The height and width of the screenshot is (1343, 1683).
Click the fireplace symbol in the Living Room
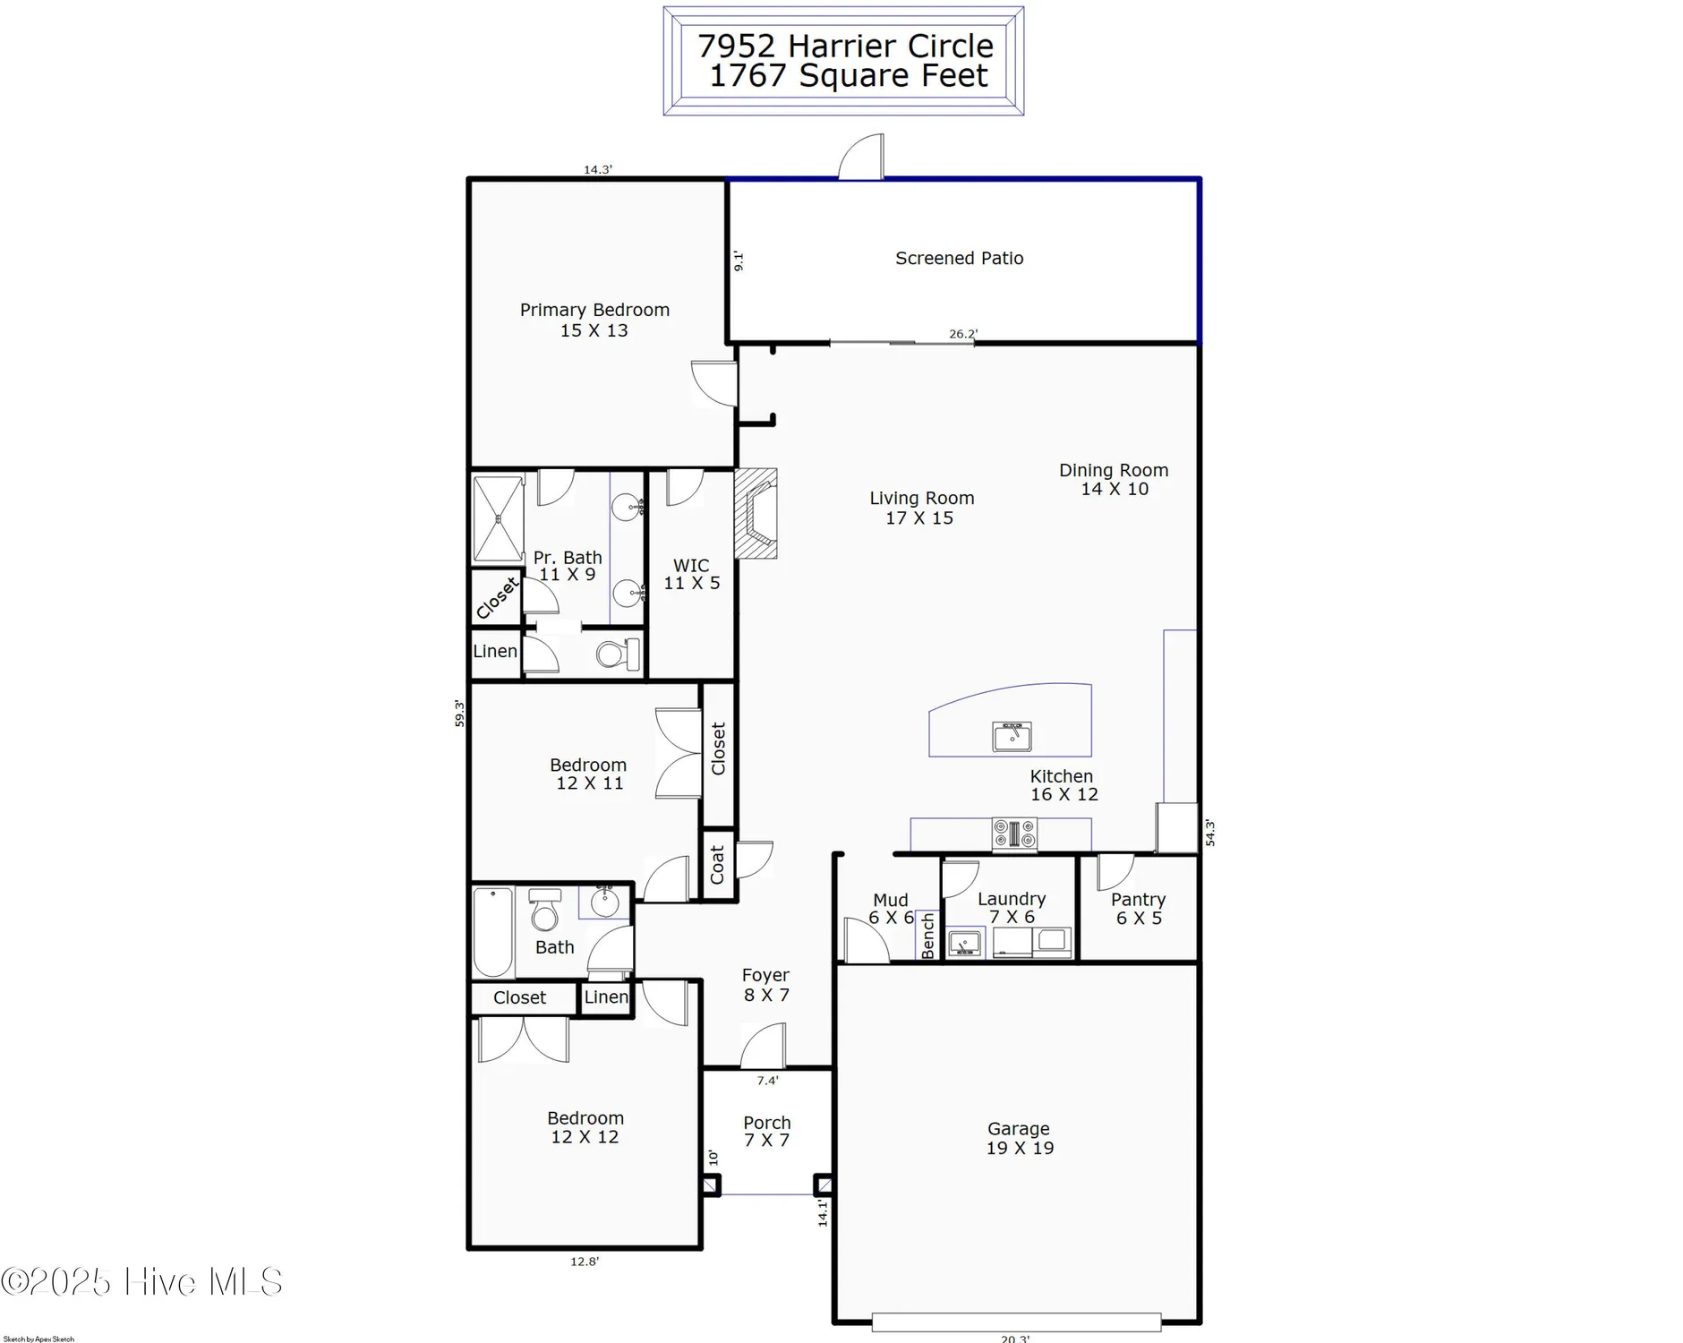point(756,513)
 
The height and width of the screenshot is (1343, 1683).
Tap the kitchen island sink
point(1012,736)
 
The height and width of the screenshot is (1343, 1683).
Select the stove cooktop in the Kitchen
point(1013,834)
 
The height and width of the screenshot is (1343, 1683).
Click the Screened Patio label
point(959,258)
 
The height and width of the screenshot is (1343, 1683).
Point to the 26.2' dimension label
point(963,334)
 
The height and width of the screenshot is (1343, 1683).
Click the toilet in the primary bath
point(619,654)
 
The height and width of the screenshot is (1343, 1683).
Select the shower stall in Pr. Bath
point(498,518)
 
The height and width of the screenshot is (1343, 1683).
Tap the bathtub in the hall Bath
point(492,932)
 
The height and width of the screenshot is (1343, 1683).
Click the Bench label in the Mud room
point(928,936)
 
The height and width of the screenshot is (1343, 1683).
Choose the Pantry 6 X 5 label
point(1138,908)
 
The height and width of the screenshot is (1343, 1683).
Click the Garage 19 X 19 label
point(1019,1138)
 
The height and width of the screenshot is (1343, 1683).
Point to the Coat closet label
point(717,865)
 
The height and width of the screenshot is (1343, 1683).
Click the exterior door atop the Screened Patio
point(861,158)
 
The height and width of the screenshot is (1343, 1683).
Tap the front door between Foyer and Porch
point(764,1048)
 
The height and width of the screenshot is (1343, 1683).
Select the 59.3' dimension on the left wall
point(459,713)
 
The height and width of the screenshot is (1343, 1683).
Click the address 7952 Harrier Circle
point(845,46)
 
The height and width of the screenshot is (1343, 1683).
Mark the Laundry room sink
point(965,942)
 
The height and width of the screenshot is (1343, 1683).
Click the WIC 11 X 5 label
point(691,574)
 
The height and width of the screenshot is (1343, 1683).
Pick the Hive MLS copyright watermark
point(141,1281)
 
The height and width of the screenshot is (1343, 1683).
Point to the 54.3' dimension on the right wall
point(1209,832)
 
